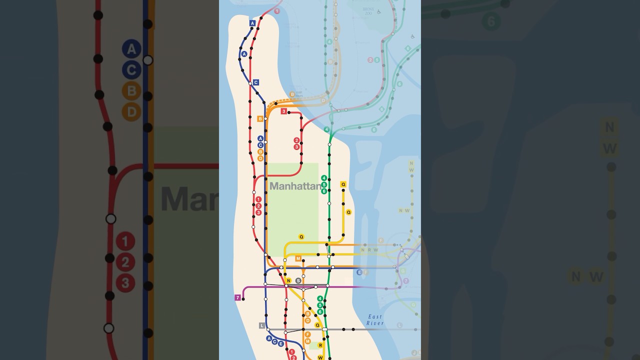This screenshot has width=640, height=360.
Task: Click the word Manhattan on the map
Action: pos(295,186)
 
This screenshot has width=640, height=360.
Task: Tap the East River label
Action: pos(375,320)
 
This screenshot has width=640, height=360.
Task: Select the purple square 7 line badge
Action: pos(237,297)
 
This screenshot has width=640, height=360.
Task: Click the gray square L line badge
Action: pos(261,325)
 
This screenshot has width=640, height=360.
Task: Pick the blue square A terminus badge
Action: pos(252,23)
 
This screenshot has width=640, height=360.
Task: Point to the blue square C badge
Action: pos(255,82)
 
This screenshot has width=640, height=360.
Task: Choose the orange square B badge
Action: pos(260,118)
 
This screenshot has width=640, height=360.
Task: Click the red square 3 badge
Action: pos(283,111)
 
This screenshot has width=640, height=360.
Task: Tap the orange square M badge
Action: pos(298,258)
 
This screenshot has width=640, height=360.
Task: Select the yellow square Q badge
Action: pos(343,184)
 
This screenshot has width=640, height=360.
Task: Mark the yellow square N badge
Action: pos(288,280)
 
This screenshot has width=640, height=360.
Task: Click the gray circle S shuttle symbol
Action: pos(298,280)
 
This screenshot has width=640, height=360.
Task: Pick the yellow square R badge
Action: pos(320,345)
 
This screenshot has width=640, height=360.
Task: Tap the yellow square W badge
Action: pos(320,357)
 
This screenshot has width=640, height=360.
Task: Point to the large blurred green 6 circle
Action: pos(491,21)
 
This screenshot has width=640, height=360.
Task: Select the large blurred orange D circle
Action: pos(131,111)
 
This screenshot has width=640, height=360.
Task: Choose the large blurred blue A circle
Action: pos(131,49)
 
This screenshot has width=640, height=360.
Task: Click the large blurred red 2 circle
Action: pos(125,262)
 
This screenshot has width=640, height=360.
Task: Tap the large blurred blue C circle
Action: pos(131,70)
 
